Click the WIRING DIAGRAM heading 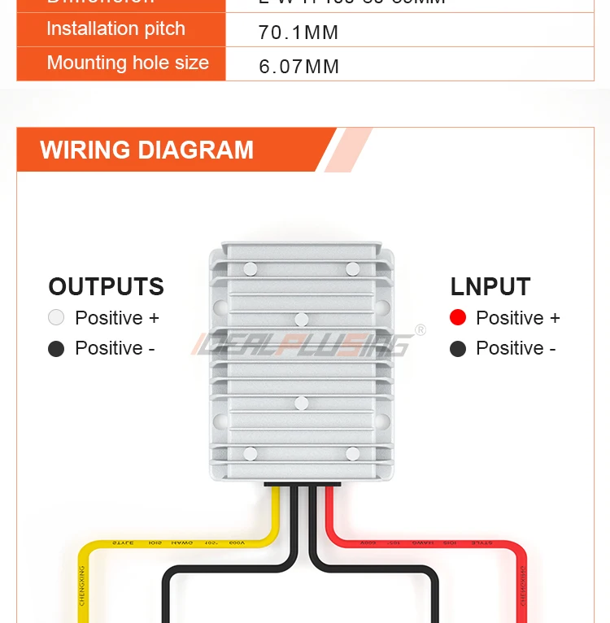pos(147,150)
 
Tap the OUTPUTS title pos(106,287)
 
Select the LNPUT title pos(490,287)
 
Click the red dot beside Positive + pos(458,317)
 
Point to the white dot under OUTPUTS pos(56,317)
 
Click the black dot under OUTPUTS pos(56,348)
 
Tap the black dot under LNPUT pos(458,348)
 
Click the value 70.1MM pos(298,33)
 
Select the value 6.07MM pos(298,67)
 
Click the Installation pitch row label pos(115,29)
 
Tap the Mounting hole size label pos(128,63)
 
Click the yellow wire pos(163,543)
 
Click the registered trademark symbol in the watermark pos(420,329)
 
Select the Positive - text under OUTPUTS pos(115,348)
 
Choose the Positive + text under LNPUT pos(518,318)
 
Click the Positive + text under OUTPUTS pos(117,318)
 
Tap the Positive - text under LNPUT pos(516,348)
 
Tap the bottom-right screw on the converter pos(352,454)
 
